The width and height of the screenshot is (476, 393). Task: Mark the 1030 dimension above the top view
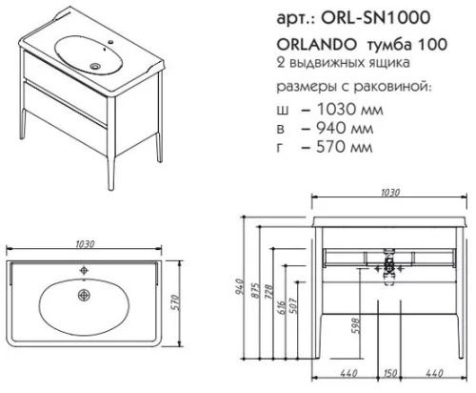tap(89, 243)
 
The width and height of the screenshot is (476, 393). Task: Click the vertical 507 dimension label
tap(294, 307)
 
